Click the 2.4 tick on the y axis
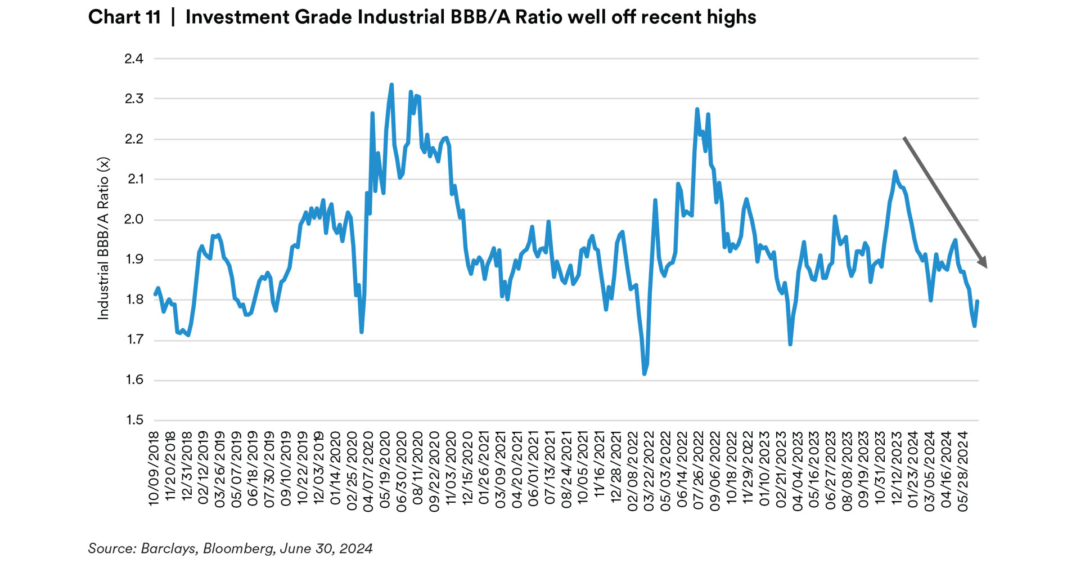tap(134, 59)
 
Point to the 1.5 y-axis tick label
tap(134, 420)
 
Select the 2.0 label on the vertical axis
tap(134, 220)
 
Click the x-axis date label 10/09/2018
tap(154, 468)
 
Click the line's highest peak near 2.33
tap(391, 85)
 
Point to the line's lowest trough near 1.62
tap(644, 374)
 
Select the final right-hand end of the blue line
tap(978, 302)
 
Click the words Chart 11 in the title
tap(124, 17)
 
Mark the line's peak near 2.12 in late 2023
tap(895, 172)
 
